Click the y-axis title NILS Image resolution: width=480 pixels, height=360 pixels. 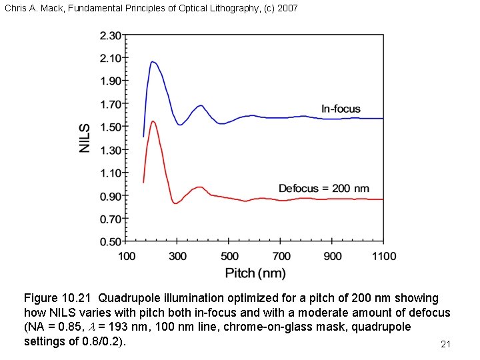pyautogui.click(x=85, y=138)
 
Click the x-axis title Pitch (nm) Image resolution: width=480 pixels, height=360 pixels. pyautogui.click(x=255, y=273)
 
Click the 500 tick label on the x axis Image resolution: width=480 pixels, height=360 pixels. pyautogui.click(x=229, y=256)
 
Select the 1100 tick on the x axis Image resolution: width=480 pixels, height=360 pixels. pyautogui.click(x=383, y=256)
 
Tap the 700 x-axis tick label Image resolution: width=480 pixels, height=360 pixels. pyautogui.click(x=281, y=256)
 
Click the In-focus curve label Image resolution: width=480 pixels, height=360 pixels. pyautogui.click(x=341, y=109)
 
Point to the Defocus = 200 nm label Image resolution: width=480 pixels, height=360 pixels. pyautogui.click(x=323, y=189)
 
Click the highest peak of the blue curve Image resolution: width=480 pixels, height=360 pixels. pyautogui.click(x=153, y=62)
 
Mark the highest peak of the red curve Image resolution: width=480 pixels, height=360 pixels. pyautogui.click(x=153, y=121)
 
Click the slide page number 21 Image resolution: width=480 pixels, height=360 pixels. pyautogui.click(x=446, y=344)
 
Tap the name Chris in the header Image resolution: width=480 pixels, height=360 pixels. pyautogui.click(x=14, y=9)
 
